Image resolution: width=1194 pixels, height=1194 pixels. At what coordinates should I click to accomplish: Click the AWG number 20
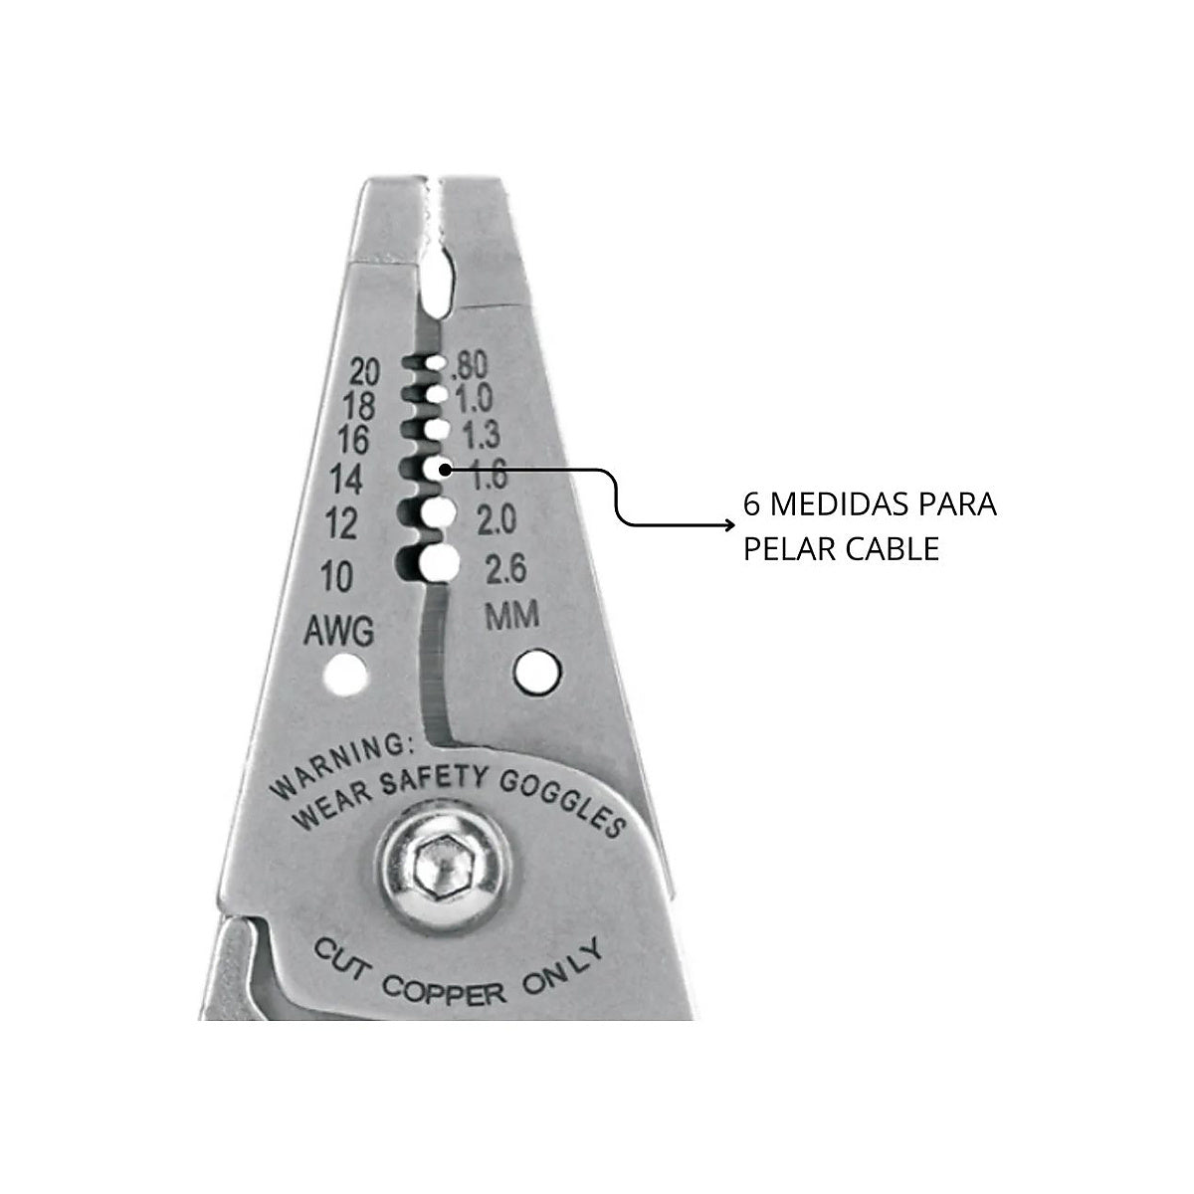pos(364,372)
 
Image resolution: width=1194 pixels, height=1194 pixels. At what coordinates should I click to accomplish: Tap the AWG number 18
pos(359,407)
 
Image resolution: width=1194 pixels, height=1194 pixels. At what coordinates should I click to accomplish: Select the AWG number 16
pos(353,441)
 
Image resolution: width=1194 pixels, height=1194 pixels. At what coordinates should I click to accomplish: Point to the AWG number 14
pos(346,479)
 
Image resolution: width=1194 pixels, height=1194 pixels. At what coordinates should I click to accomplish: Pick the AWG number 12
pos(341,524)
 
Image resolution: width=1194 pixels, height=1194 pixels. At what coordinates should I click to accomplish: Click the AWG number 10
pos(336,576)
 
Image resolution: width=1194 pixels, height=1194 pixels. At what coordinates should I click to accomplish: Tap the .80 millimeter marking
pos(470,365)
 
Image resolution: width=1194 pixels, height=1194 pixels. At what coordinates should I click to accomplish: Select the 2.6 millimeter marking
pos(505,569)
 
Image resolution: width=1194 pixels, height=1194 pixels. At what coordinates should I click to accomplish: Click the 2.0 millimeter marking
pos(497,519)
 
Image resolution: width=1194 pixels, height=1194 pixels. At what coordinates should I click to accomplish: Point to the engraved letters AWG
pos(339,631)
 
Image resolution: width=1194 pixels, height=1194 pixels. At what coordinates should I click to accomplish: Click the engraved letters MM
pos(511,616)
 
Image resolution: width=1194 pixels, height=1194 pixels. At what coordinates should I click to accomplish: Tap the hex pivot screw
pos(444,867)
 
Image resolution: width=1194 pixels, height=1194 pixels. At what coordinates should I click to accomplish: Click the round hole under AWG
pos(345,676)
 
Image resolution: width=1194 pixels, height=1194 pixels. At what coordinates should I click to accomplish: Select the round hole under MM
pos(537,671)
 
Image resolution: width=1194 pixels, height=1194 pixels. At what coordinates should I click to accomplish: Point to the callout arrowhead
pos(730,525)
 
